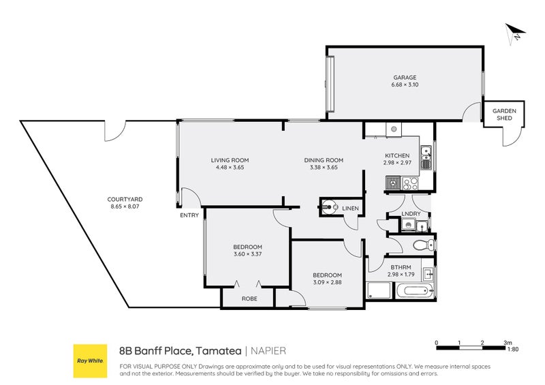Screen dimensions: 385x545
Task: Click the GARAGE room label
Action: pyautogui.click(x=404, y=77)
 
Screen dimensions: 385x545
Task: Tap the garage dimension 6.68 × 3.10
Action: pyautogui.click(x=404, y=84)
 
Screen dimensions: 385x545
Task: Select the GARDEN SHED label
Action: pyautogui.click(x=505, y=114)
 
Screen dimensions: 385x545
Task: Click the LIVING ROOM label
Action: pyautogui.click(x=230, y=160)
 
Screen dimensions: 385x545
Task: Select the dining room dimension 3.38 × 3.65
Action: pyautogui.click(x=324, y=168)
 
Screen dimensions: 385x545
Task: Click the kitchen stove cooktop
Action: pyautogui.click(x=410, y=183)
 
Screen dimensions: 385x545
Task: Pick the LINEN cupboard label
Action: pyautogui.click(x=350, y=208)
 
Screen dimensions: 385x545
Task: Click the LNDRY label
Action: pyautogui.click(x=411, y=214)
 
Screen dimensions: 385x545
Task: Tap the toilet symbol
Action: pyautogui.click(x=422, y=245)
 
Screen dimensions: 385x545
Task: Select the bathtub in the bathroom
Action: pyautogui.click(x=415, y=292)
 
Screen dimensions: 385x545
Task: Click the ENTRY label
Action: pyautogui.click(x=189, y=215)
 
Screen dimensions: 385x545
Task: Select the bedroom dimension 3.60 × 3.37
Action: pyautogui.click(x=247, y=254)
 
